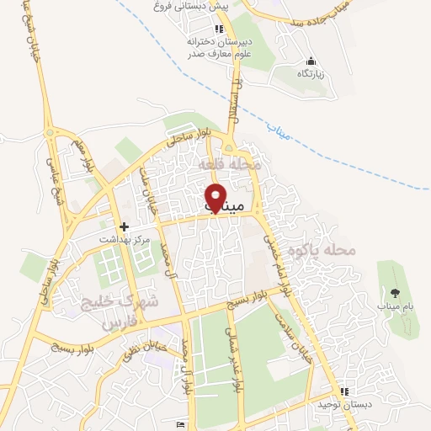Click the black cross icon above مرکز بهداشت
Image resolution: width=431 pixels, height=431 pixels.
(124, 226)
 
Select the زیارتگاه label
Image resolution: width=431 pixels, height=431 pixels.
(311, 74)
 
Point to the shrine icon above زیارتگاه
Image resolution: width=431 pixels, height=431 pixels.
(311, 61)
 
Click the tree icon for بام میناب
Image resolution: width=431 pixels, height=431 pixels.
(395, 292)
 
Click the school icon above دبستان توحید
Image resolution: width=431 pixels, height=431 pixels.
(343, 392)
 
